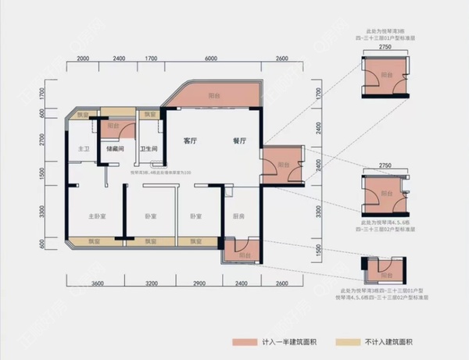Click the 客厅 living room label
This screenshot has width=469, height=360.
click(189, 142)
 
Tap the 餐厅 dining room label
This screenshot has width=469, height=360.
click(239, 142)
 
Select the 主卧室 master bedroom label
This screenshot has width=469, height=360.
click(97, 216)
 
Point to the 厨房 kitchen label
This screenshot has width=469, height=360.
click(240, 216)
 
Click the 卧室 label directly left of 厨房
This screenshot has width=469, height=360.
click(196, 216)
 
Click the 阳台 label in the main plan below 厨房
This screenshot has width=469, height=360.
click(244, 255)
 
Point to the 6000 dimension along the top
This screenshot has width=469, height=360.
click(211, 59)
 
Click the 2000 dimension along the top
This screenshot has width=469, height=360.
click(85, 59)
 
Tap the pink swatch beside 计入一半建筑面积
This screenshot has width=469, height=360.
click(245, 342)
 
